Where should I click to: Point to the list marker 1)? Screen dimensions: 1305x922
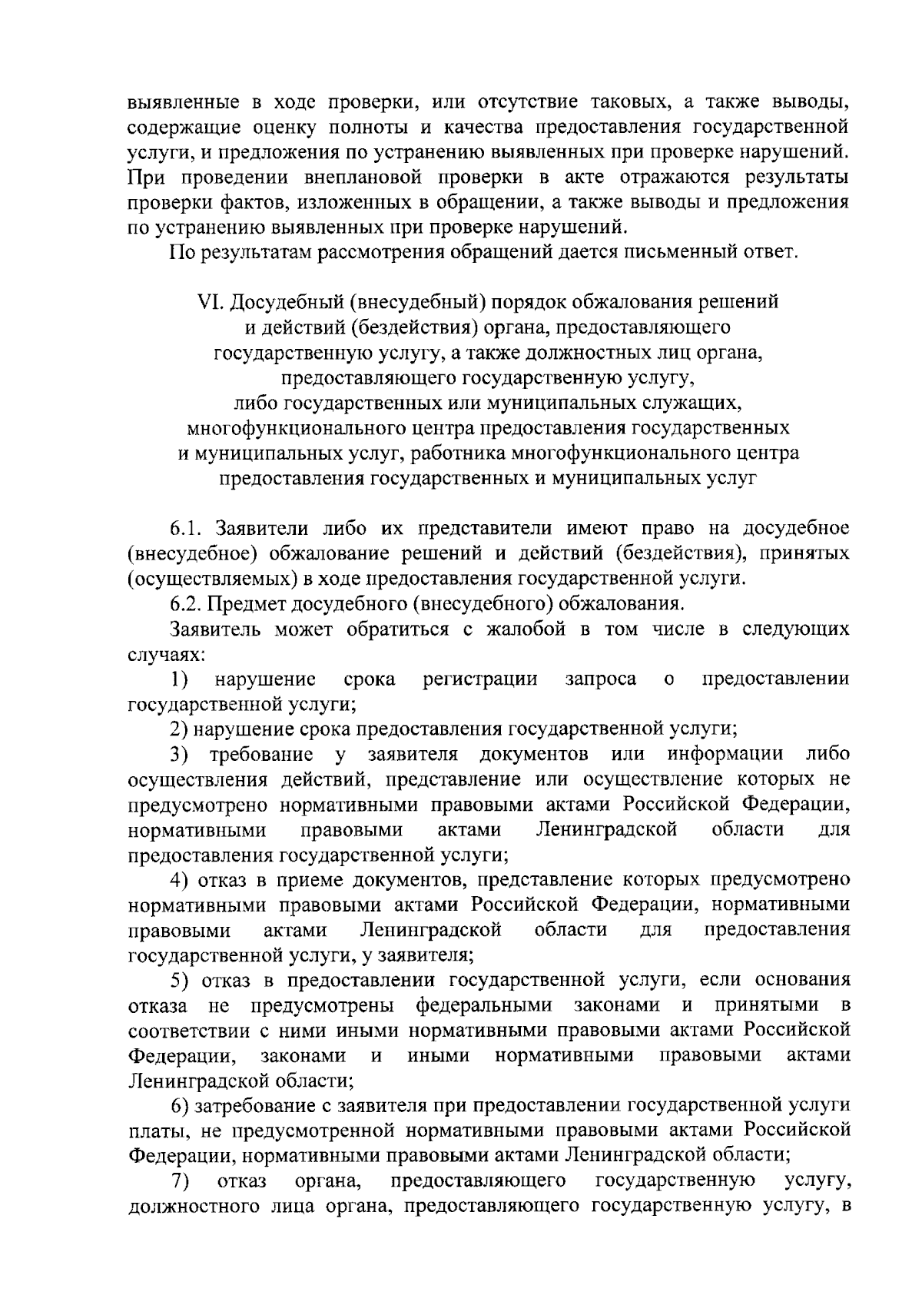179,679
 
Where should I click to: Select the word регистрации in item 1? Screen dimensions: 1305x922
480,679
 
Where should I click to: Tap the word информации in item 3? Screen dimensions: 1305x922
725,755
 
